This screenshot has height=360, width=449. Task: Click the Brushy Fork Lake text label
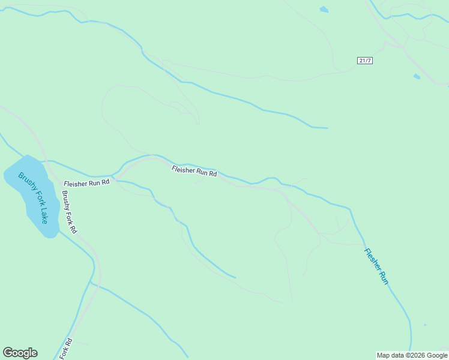coord(34,197)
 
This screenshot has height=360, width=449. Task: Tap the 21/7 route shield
coord(364,61)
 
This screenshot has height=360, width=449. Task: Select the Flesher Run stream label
coord(376,266)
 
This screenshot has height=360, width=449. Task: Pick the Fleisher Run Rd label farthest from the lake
coord(194,172)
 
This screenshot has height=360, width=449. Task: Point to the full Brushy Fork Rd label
coord(69,212)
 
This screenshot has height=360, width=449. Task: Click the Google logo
coord(20,353)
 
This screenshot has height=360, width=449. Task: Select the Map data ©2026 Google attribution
coord(412,355)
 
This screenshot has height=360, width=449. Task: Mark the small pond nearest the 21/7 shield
coord(417,76)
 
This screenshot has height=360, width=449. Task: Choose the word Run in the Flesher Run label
coord(384,278)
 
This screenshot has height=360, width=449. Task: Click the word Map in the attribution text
coord(382,355)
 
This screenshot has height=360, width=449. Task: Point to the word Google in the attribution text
coord(437,355)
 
